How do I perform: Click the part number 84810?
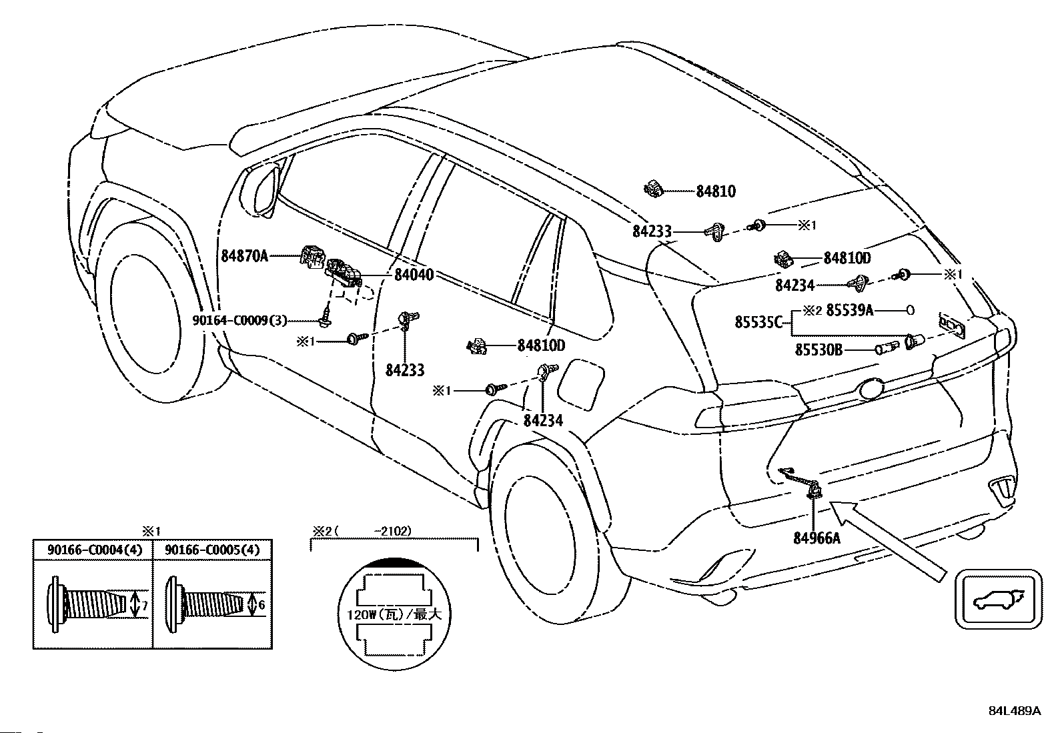point(715,191)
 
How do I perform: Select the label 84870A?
point(245,256)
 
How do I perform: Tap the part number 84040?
point(414,275)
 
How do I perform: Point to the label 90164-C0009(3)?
point(240,321)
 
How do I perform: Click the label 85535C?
point(758,322)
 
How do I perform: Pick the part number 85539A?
point(850,310)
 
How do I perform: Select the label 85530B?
point(819,350)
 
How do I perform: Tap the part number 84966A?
point(817,538)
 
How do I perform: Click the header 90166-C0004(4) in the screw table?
point(95,550)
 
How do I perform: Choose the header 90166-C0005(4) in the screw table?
point(212,550)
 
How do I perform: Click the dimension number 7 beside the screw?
point(145,606)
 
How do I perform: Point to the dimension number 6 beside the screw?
point(261,605)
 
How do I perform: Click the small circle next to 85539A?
point(910,311)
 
